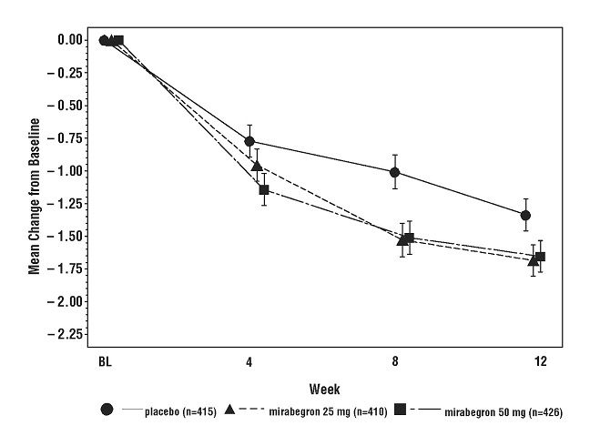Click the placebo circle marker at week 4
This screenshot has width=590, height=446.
[249, 141]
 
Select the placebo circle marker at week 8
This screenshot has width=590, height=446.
[394, 172]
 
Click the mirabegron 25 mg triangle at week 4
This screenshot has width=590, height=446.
[257, 166]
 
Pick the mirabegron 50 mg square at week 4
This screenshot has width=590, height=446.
[264, 189]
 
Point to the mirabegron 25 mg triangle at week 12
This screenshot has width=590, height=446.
[534, 260]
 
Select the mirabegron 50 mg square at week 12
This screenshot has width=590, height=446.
[541, 257]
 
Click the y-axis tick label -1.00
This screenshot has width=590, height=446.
[67, 171]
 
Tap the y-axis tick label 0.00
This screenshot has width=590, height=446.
[69, 40]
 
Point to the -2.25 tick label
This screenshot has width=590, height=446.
[67, 335]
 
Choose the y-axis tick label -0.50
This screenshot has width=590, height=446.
[67, 106]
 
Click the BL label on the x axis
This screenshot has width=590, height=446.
[105, 362]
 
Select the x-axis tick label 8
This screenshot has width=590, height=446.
[395, 362]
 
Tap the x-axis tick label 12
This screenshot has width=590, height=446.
[540, 362]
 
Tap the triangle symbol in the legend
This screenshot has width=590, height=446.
[230, 411]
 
